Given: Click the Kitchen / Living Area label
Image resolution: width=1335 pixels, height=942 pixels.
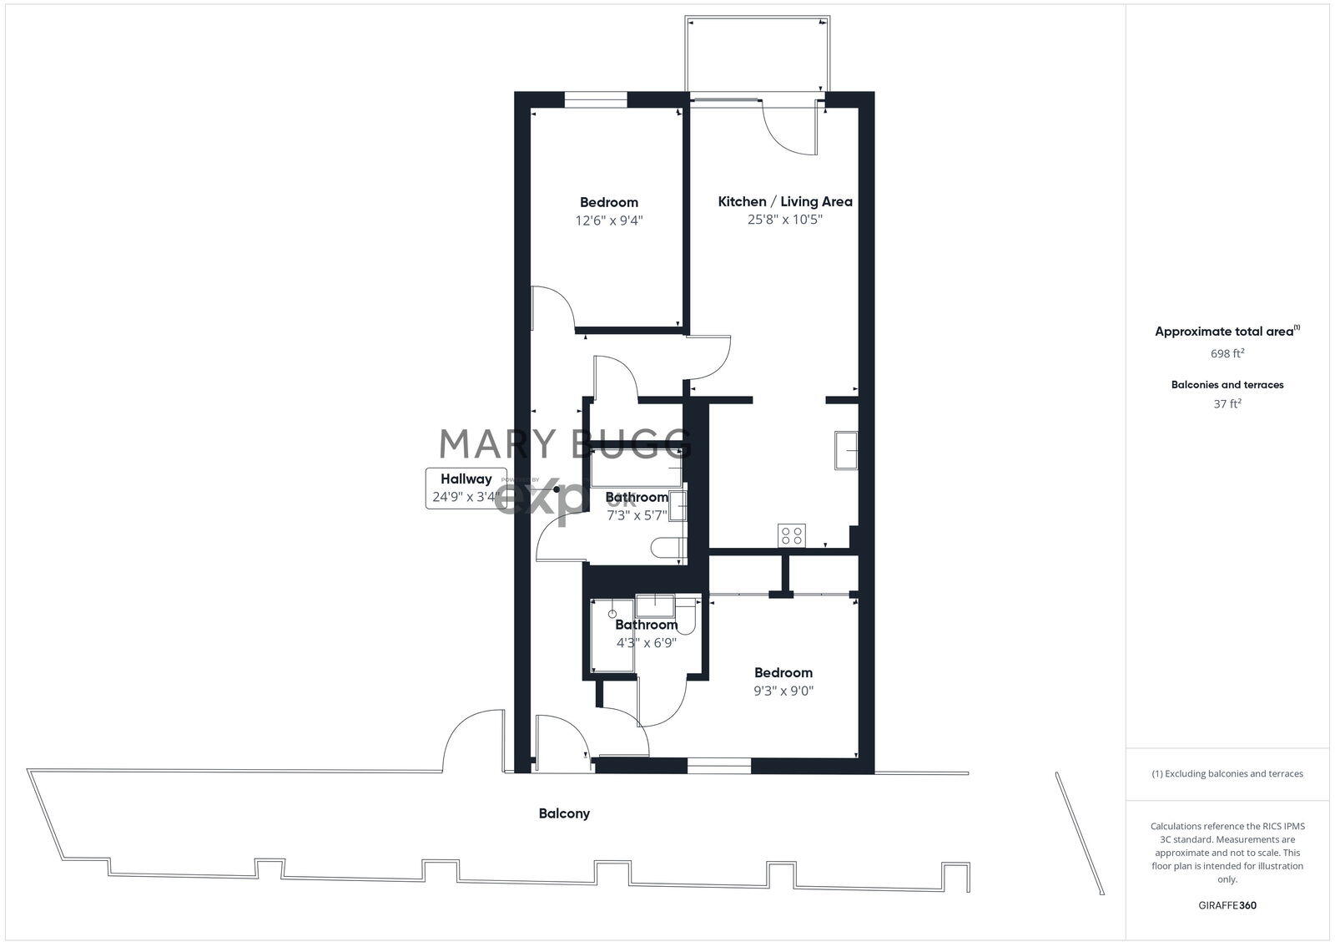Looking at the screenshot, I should (785, 201).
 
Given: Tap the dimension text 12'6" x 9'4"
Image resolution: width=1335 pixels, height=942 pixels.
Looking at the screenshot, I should (609, 220).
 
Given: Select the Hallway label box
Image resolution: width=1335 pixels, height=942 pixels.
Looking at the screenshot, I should (466, 489).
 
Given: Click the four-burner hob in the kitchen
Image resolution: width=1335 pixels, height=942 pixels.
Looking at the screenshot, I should (792, 534).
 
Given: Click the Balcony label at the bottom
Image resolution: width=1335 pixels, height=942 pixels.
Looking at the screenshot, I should (564, 813).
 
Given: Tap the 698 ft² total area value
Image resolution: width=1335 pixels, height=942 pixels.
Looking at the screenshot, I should (1227, 353).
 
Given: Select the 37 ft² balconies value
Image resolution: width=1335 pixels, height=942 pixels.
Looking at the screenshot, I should (1227, 404).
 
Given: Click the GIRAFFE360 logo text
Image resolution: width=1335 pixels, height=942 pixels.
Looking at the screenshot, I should (1227, 905).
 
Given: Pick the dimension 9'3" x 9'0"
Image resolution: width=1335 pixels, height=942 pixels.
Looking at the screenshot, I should (783, 691).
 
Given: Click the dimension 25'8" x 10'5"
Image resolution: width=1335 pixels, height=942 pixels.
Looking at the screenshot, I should (785, 220).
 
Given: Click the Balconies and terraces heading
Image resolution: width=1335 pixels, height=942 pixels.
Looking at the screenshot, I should (1227, 385).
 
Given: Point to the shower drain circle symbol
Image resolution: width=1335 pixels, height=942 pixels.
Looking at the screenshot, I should (612, 614).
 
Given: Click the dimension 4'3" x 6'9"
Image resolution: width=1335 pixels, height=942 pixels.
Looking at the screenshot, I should (646, 643).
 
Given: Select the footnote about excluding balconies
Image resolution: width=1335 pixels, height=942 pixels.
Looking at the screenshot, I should (1227, 774).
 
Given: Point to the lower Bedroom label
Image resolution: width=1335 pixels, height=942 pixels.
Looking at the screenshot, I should (783, 672).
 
